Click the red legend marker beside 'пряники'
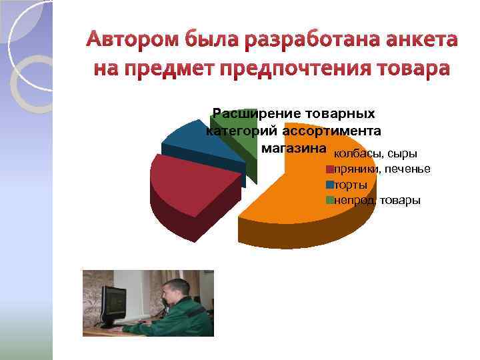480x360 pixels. [x=329, y=170]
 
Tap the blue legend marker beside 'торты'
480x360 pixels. [x=329, y=185]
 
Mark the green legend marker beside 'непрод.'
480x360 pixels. [x=329, y=199]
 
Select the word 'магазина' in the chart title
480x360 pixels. [x=294, y=147]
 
